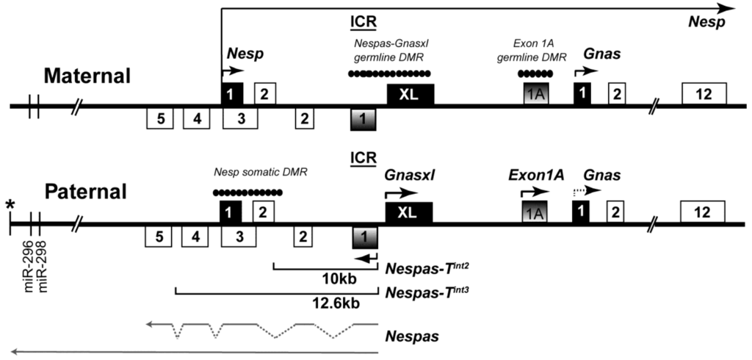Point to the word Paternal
85,193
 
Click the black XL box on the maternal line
410,95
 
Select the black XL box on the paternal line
409,212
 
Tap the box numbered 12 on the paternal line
704,212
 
